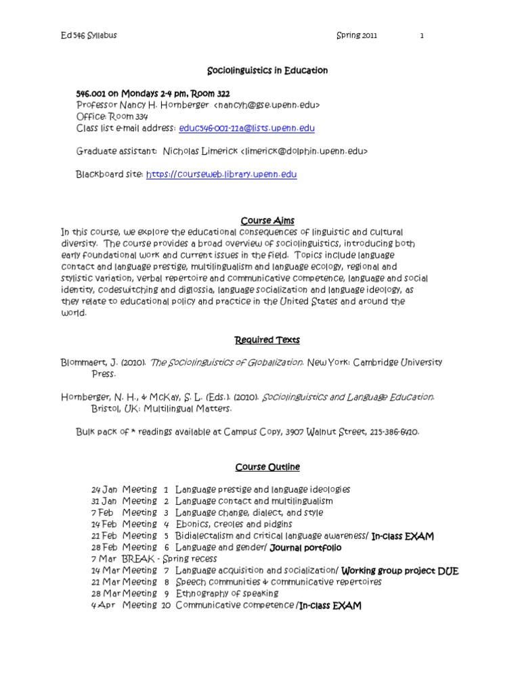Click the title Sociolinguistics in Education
[266, 70]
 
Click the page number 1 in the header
[421, 36]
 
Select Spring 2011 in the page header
[358, 36]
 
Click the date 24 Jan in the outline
[104, 489]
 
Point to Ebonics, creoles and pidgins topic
[234, 524]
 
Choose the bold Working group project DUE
[400, 571]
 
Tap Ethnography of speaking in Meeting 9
[221, 594]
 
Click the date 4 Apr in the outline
[104, 606]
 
